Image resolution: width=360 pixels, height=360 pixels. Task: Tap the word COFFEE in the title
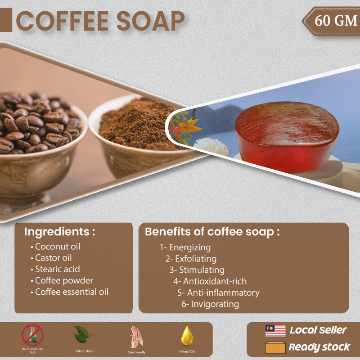tap(62, 21)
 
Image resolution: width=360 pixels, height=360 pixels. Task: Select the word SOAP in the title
tap(151, 21)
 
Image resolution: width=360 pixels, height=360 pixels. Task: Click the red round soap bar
tap(287, 137)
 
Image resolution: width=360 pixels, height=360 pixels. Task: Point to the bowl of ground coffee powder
tap(140, 135)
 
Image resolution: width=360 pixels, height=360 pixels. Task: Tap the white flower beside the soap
tap(211, 147)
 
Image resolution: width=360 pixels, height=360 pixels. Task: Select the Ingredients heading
tap(60, 232)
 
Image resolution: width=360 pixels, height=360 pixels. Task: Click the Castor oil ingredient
tap(51, 258)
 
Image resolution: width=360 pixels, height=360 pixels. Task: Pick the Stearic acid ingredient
tap(55, 269)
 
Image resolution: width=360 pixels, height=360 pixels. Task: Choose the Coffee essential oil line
tap(69, 292)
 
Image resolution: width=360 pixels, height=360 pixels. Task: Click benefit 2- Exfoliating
tap(191, 259)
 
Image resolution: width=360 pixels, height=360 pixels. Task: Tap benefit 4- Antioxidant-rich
tap(210, 282)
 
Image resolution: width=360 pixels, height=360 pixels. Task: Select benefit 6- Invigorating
tap(210, 304)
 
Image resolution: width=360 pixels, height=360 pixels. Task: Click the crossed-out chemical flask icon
tap(32, 335)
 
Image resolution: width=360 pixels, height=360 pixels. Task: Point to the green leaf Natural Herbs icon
tap(84, 334)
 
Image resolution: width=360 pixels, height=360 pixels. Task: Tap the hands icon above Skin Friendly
tap(137, 337)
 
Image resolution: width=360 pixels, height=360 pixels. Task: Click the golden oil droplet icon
tap(187, 336)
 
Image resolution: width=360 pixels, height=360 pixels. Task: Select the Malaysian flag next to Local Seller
tap(275, 331)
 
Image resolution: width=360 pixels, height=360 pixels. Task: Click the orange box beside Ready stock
tap(275, 347)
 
